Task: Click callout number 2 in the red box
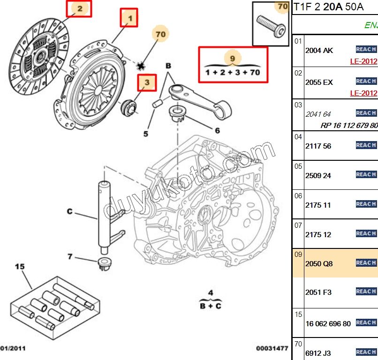(x=79, y=8)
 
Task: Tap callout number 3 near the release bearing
(x=147, y=83)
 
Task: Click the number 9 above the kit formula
(x=233, y=58)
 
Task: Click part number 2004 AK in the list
(x=319, y=50)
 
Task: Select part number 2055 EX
(x=319, y=82)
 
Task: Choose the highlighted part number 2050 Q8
(x=319, y=263)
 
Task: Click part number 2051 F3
(x=318, y=292)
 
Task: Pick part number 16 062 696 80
(x=328, y=323)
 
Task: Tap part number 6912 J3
(x=319, y=352)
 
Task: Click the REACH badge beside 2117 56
(x=366, y=145)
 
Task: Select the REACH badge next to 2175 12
(x=366, y=233)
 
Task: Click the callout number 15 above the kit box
(x=19, y=267)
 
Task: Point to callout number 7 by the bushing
(x=70, y=256)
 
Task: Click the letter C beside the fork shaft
(x=69, y=212)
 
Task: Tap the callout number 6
(x=217, y=131)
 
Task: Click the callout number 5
(x=146, y=134)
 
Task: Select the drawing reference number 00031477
(x=272, y=348)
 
